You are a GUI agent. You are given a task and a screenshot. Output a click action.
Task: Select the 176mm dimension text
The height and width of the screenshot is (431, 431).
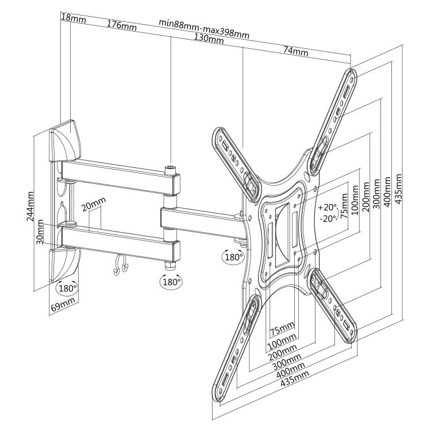click(x=121, y=26)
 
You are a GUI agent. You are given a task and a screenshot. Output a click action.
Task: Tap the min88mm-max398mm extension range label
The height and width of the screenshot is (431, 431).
click(x=204, y=29)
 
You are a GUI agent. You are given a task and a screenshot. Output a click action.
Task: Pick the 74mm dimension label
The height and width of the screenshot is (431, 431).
click(x=295, y=51)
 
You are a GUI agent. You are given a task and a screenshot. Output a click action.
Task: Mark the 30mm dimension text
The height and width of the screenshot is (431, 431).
click(x=41, y=232)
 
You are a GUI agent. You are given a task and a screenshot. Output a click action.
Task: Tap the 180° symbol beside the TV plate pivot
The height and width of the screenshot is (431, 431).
click(x=233, y=257)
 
